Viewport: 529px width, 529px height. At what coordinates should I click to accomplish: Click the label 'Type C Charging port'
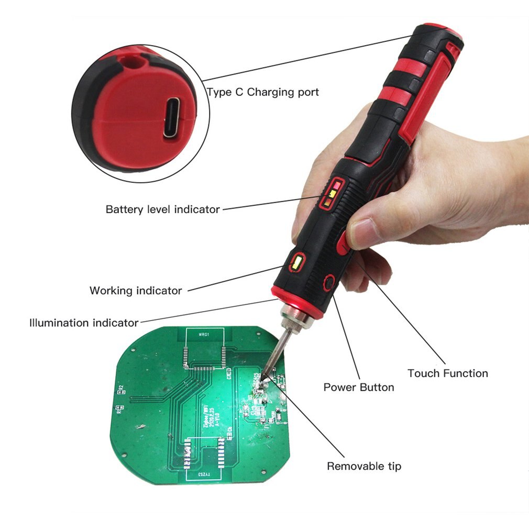tap(262, 92)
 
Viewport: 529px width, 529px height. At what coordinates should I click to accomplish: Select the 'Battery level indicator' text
tap(162, 210)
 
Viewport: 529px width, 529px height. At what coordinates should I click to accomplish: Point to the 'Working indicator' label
tap(136, 290)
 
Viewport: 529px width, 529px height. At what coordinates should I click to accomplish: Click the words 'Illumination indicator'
tap(84, 323)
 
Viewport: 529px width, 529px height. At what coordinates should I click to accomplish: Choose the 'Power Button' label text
tap(359, 388)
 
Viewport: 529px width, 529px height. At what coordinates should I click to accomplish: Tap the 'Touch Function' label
tap(448, 373)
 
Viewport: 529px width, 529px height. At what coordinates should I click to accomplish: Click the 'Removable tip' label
tap(364, 466)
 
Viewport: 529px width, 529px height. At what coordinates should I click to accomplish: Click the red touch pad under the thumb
tap(343, 243)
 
